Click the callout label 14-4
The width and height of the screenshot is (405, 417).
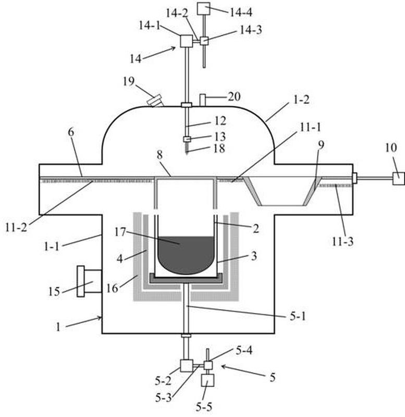(241, 12)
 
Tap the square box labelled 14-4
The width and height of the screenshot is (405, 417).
(204, 8)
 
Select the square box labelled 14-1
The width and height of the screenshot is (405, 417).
(187, 41)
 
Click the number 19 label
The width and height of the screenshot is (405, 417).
(129, 81)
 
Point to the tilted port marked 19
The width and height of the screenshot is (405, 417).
(155, 101)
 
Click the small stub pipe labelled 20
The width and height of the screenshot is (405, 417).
(203, 100)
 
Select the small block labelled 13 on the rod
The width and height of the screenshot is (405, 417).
(187, 139)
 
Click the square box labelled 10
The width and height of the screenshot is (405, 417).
(399, 178)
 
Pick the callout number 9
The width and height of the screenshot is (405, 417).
(321, 145)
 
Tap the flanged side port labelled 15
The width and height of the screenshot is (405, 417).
(89, 281)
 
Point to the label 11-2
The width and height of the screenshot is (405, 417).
(16, 228)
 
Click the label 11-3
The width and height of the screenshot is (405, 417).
(342, 241)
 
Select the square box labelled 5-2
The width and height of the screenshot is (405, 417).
(187, 366)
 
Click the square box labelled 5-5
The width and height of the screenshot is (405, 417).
(207, 381)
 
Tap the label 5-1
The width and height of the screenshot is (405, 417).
(298, 316)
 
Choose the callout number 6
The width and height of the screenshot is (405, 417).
(71, 132)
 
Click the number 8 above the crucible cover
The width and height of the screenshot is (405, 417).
(159, 155)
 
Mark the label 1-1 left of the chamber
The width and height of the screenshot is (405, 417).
(52, 247)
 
